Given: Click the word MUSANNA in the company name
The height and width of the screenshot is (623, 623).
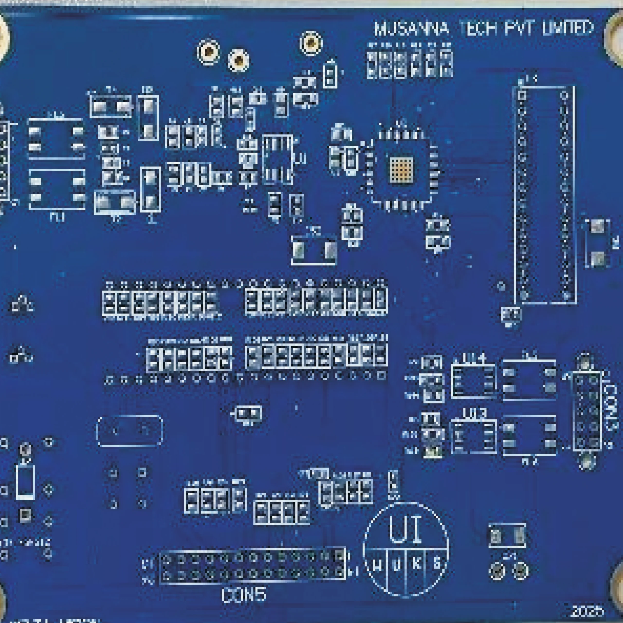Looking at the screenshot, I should [411, 29].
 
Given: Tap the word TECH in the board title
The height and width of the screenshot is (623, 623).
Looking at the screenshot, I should [476, 29].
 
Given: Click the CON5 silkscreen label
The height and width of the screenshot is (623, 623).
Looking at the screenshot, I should [244, 595].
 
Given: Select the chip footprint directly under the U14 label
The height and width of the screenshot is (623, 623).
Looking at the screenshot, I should [473, 381].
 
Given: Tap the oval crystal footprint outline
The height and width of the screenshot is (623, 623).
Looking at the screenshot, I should [129, 431].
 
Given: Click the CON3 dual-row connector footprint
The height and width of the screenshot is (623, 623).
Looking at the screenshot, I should [586, 411].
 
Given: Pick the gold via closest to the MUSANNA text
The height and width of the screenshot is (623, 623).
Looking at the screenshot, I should [311, 43].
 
